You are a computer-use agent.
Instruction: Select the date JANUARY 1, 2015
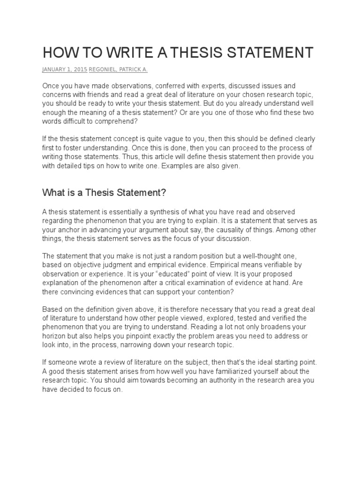pyautogui.click(x=65, y=69)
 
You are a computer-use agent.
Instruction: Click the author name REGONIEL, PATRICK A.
pyautogui.click(x=119, y=69)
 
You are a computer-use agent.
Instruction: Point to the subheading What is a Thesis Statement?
pyautogui.click(x=105, y=192)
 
